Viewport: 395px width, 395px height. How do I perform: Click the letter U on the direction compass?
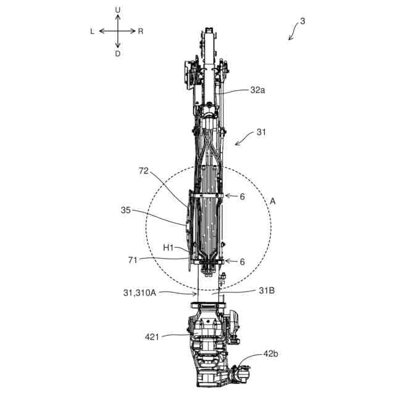tap(117, 10)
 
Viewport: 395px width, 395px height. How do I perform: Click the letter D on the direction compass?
tap(117, 54)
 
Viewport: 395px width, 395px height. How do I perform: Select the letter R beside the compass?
tap(141, 31)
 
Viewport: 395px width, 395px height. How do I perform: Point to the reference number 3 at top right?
tap(302, 21)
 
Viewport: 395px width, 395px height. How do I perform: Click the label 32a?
tap(259, 89)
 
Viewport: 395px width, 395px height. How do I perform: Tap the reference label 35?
tap(126, 210)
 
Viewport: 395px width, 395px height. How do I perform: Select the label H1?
tap(168, 247)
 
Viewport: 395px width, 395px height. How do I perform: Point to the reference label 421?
tap(152, 337)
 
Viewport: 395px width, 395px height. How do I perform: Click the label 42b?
tap(270, 354)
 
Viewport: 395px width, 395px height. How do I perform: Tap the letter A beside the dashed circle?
tap(273, 201)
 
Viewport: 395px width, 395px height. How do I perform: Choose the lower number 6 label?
tap(242, 262)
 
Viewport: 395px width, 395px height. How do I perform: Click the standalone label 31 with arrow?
tap(262, 132)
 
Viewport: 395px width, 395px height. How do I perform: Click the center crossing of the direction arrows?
tap(117, 31)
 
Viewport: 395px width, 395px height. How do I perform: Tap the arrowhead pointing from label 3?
tap(289, 39)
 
